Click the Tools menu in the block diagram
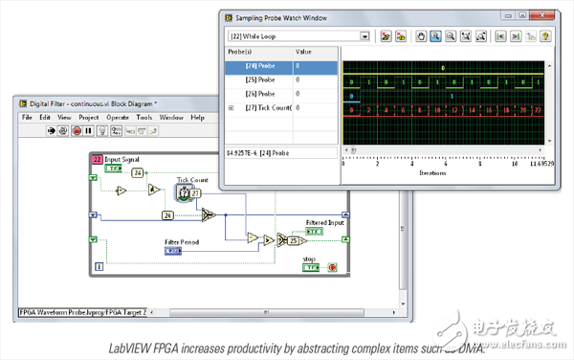[144, 118]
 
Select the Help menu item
[198, 118]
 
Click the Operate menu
[118, 118]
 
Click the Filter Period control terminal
[173, 251]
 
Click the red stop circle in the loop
[332, 267]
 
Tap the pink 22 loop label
[97, 158]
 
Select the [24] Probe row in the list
[259, 67]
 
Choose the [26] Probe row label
[259, 94]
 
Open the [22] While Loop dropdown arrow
[364, 36]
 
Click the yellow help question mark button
[544, 36]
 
